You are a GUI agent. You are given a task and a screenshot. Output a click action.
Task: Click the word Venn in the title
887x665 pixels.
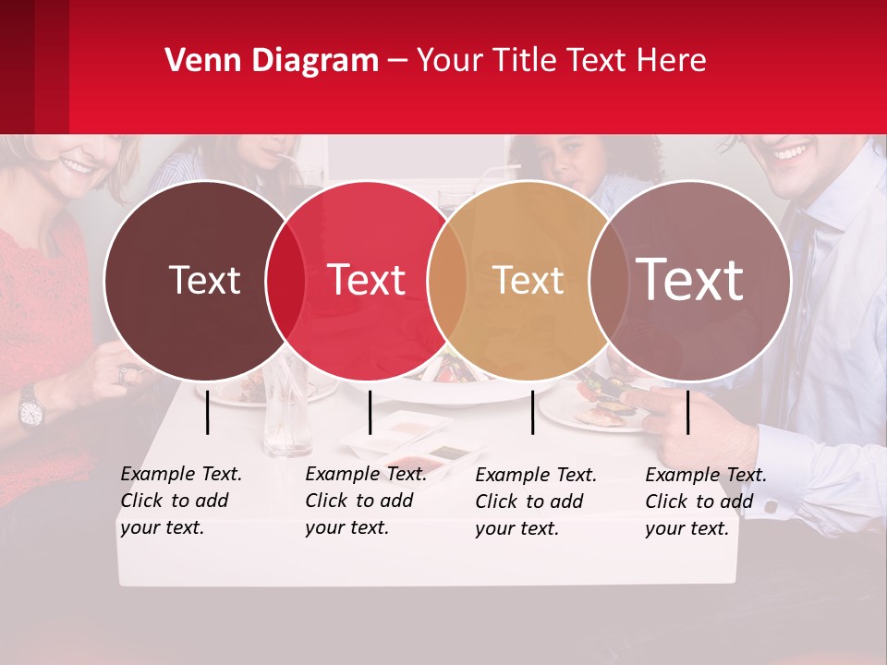[x=196, y=61]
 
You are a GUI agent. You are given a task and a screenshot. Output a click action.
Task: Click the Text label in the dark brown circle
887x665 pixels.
[x=204, y=280]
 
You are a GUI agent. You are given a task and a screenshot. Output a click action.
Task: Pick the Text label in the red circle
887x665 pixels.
[x=367, y=280]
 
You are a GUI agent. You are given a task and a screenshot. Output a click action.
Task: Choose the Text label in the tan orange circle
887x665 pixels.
[x=528, y=280]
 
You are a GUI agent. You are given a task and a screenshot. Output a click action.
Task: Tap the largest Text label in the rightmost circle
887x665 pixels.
[x=690, y=280]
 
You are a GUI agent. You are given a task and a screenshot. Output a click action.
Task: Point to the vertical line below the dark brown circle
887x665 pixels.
[x=208, y=412]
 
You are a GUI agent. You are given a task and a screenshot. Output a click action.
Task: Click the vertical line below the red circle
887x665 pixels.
[x=370, y=412]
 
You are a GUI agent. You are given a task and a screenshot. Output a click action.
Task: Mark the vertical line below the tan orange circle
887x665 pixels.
[x=533, y=412]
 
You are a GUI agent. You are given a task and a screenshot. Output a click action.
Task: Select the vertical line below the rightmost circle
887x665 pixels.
[x=688, y=412]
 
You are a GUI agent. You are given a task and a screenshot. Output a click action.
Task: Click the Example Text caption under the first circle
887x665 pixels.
[x=180, y=501]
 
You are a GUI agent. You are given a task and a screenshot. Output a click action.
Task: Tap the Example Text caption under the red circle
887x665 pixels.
[x=365, y=501]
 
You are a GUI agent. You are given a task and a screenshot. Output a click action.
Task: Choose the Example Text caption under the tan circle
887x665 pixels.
[x=535, y=502]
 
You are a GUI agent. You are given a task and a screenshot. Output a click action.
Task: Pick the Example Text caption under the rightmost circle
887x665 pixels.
[x=705, y=502]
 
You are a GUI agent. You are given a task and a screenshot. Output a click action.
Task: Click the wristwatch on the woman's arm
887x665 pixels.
[x=31, y=406]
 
